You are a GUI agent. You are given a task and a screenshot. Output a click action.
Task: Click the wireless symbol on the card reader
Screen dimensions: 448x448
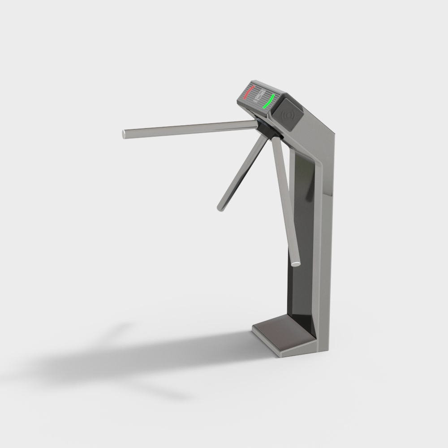287,115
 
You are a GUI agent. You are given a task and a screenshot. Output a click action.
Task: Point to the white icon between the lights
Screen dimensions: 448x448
259,95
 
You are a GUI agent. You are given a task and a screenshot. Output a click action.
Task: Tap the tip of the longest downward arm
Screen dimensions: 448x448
295,263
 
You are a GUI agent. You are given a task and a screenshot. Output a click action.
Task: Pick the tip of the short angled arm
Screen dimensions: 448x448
221,207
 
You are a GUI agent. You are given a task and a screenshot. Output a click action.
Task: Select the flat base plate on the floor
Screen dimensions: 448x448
282,334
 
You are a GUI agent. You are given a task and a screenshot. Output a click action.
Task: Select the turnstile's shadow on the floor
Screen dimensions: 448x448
134,358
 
